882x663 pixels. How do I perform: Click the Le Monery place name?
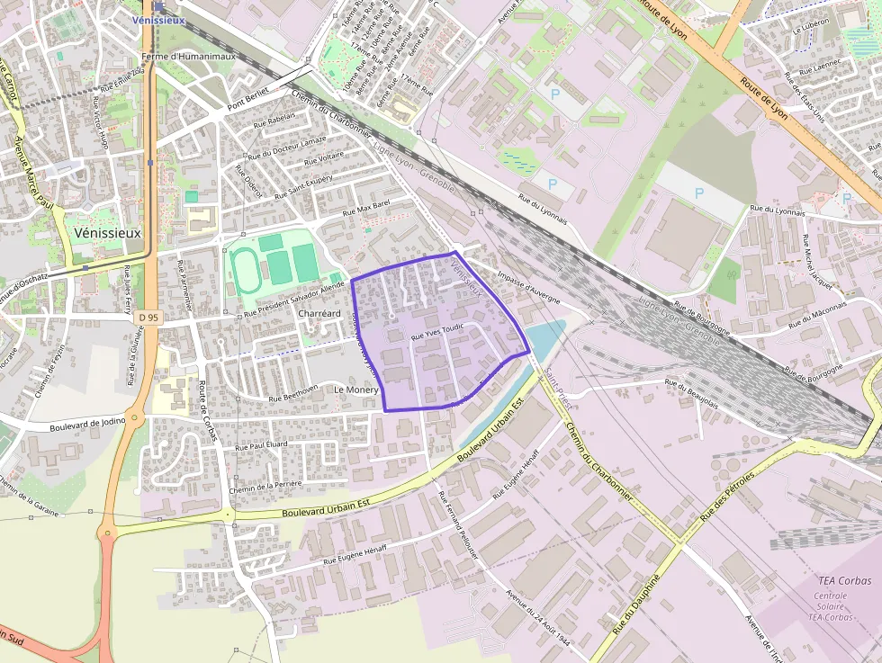pos(355,390)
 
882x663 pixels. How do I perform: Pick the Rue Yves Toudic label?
pos(437,332)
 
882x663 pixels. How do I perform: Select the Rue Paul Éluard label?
pos(261,444)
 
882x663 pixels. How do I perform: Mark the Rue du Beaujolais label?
pos(691,392)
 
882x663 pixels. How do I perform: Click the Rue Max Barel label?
pos(366,208)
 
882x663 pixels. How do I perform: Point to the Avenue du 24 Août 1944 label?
pos(538,622)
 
